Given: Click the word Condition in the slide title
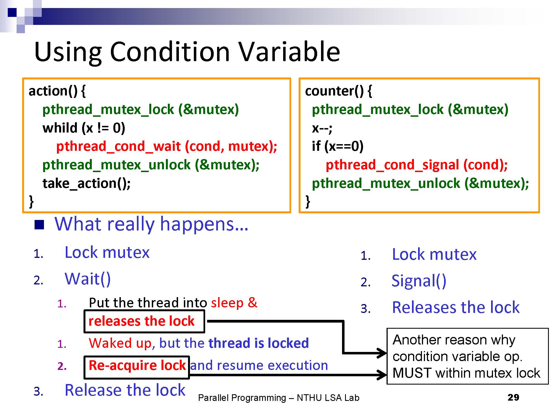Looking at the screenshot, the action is pyautogui.click(x=169, y=52).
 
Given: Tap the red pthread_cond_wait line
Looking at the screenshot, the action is pyautogui.click(x=166, y=146).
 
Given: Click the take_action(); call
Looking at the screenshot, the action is pyautogui.click(x=87, y=183).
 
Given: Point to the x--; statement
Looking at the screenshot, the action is pyautogui.click(x=322, y=128).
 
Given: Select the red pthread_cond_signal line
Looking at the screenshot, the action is pyautogui.click(x=417, y=165).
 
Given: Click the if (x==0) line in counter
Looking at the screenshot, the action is pyautogui.click(x=338, y=146).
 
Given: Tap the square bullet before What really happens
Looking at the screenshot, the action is pyautogui.click(x=39, y=225).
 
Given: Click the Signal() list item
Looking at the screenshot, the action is pyautogui.click(x=419, y=281).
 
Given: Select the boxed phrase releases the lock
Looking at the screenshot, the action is pyautogui.click(x=142, y=321).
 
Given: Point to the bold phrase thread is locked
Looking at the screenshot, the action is pyautogui.click(x=259, y=343).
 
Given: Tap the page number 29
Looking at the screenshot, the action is pyautogui.click(x=513, y=398).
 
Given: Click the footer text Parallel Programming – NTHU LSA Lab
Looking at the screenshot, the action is pyautogui.click(x=279, y=398).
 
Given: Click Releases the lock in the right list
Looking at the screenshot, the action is pyautogui.click(x=456, y=307).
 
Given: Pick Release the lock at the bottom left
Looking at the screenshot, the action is pyautogui.click(x=125, y=390).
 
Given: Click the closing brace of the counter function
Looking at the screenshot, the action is pyautogui.click(x=308, y=201).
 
